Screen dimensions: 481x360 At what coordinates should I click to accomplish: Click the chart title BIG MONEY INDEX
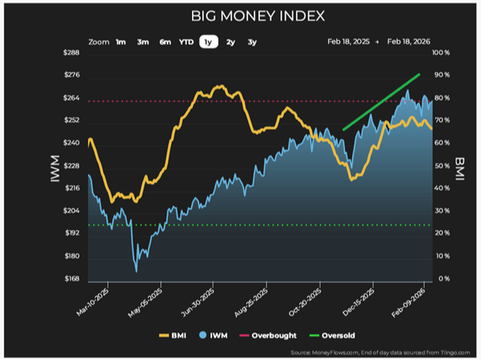coord(257,16)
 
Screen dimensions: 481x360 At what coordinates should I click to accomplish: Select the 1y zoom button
coord(209,42)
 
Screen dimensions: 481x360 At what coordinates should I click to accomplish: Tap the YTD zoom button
coord(187,42)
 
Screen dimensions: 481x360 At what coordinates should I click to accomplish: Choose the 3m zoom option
coord(143,42)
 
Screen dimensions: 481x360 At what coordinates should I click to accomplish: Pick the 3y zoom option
coord(252,42)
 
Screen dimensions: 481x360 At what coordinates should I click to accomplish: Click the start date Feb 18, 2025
coord(348,42)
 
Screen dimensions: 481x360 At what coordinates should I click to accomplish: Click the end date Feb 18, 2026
coord(409,42)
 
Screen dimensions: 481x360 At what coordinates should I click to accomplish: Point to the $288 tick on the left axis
coord(71,52)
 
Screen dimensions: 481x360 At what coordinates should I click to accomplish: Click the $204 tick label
coord(71,210)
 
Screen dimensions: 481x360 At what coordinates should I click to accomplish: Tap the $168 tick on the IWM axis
coord(72,278)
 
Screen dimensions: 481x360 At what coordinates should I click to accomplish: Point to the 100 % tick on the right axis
coord(441,52)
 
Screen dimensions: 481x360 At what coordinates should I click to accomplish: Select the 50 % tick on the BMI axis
coord(442,166)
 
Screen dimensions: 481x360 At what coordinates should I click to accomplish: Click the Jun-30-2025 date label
coord(198,303)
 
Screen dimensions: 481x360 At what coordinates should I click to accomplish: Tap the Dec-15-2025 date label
coord(358,302)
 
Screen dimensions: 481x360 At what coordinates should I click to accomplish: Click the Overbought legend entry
coord(267,335)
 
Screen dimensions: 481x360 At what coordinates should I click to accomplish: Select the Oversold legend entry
coord(332,335)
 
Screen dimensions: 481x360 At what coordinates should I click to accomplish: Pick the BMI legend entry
coord(173,335)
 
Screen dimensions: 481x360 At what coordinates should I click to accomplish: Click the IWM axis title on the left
coord(55,169)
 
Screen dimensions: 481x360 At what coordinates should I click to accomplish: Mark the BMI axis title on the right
coord(459,169)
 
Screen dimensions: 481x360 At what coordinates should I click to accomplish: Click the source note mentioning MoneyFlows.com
coord(380,352)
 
